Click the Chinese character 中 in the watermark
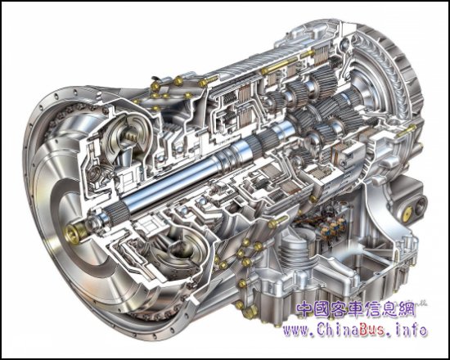pos(304,309)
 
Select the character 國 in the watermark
pos(322,309)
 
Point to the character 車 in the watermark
pos(356,309)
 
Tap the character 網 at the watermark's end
pos(407,309)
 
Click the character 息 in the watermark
pos(390,309)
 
